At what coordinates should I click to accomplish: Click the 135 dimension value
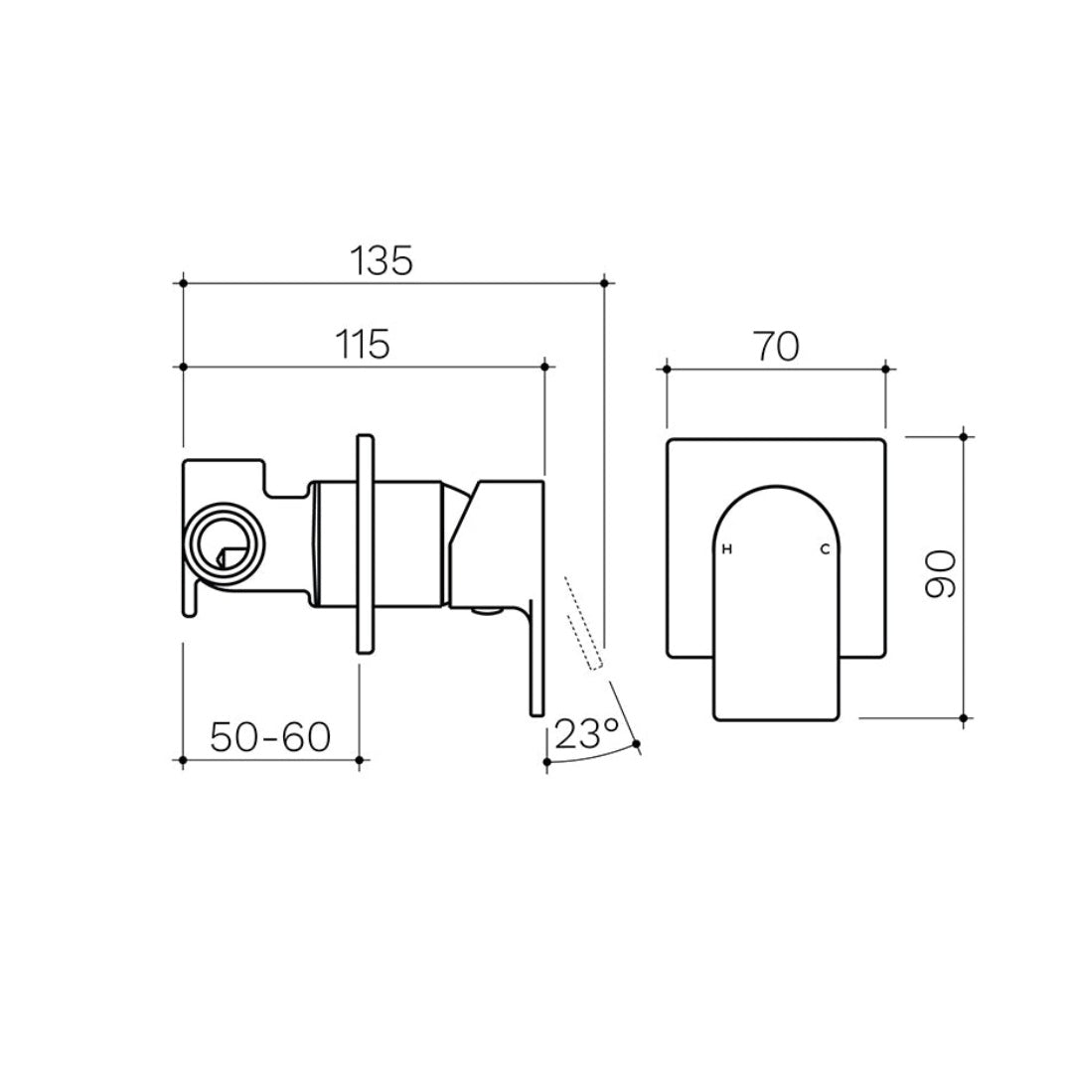[x=381, y=261]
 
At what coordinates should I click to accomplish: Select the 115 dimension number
[x=361, y=344]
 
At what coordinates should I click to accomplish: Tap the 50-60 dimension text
[x=270, y=737]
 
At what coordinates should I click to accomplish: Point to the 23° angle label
[x=587, y=735]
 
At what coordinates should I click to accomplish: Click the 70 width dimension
[x=776, y=347]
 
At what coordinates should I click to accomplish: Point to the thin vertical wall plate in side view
[x=365, y=542]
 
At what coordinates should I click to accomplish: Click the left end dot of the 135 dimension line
[x=183, y=283]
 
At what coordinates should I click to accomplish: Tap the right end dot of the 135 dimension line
[x=604, y=283]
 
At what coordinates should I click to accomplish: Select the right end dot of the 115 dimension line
[x=544, y=367]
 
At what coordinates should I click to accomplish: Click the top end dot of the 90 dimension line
[x=963, y=435]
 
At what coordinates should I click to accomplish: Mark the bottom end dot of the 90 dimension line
[x=963, y=717]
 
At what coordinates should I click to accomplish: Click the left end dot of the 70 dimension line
[x=667, y=369]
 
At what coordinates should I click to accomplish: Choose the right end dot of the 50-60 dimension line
[x=359, y=760]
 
